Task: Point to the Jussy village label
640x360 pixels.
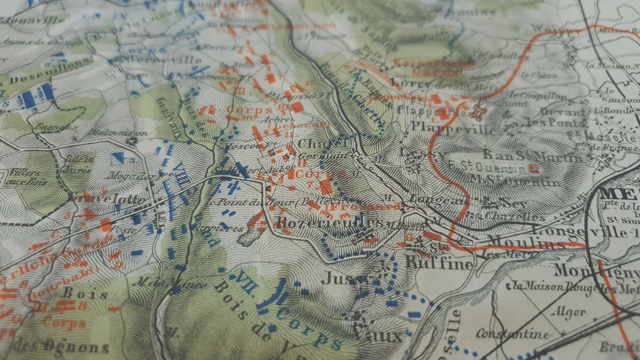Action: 346,279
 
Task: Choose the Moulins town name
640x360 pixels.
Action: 525,243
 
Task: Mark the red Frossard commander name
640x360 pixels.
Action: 365,206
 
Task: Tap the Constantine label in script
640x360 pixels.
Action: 512,334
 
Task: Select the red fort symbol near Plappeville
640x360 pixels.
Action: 479,112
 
